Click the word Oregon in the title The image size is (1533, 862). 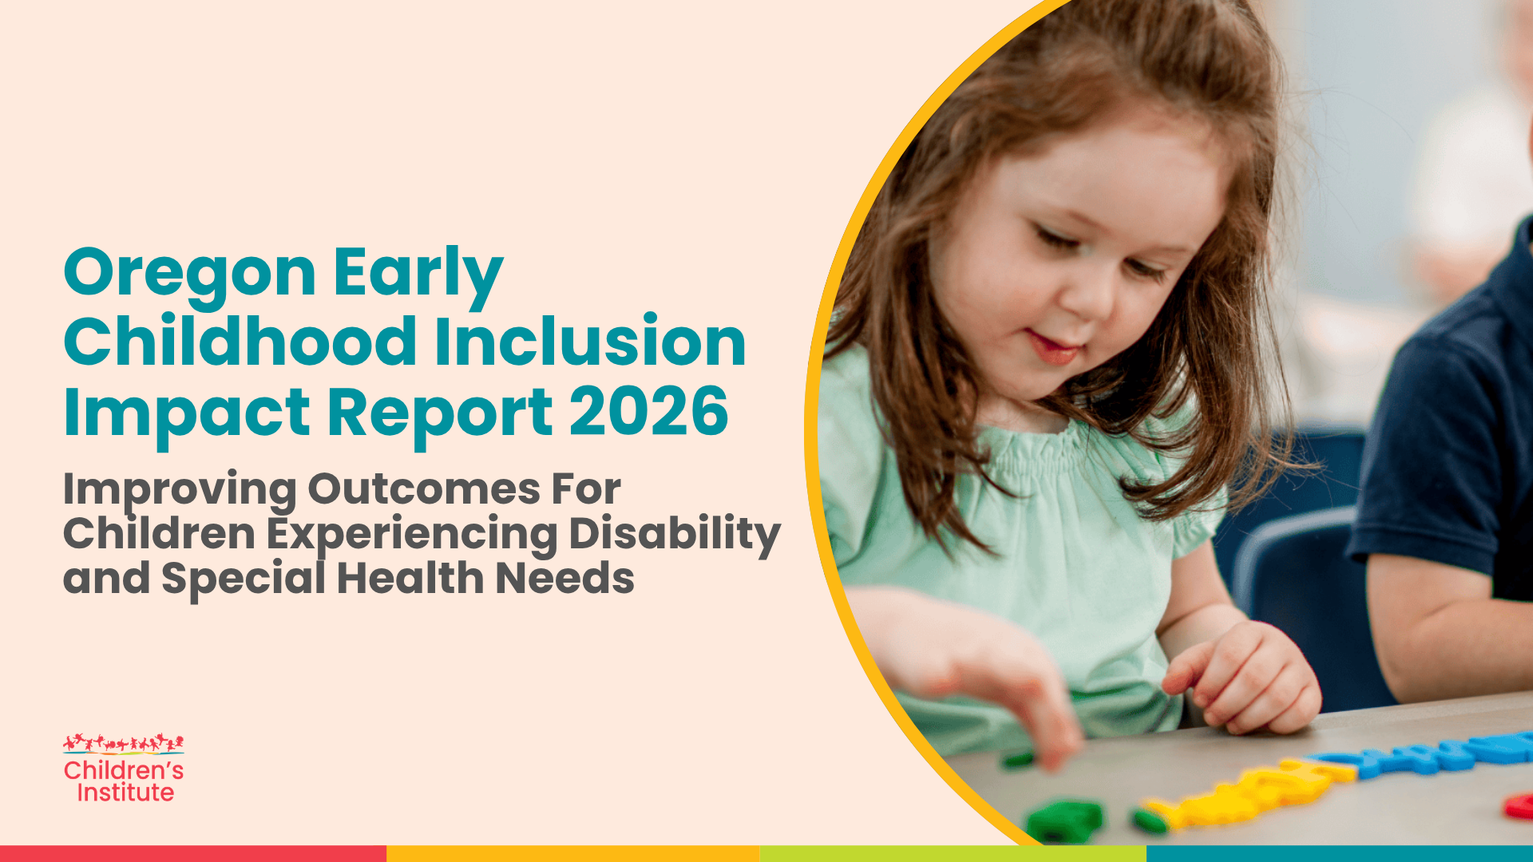point(190,274)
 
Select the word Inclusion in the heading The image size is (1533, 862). point(590,341)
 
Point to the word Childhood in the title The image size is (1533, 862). point(240,341)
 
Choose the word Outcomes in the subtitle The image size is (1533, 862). point(424,489)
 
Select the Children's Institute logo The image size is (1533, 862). point(124,768)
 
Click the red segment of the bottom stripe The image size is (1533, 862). point(193,854)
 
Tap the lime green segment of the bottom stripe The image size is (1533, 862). point(953,854)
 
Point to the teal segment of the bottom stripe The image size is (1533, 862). point(1340,854)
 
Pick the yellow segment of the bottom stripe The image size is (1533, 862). point(573,854)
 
